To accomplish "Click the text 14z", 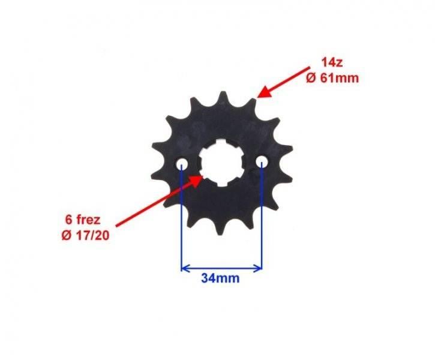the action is pyautogui.click(x=332, y=62).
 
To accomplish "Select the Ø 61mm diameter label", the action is pyautogui.click(x=332, y=78).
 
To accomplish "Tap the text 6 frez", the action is pyautogui.click(x=83, y=220).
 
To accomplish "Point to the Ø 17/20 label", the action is pyautogui.click(x=85, y=236).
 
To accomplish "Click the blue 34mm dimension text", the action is pyautogui.click(x=220, y=278).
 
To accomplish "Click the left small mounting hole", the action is pyautogui.click(x=182, y=164).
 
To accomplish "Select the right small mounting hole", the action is pyautogui.click(x=262, y=161).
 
